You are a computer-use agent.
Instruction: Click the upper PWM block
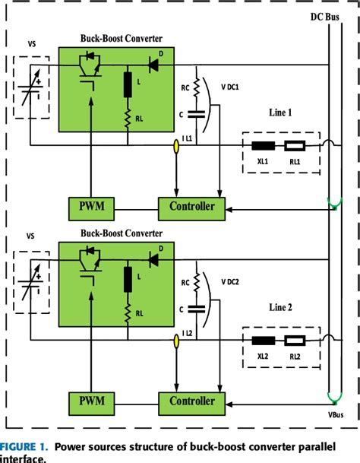[91, 209]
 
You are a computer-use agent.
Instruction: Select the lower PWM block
[91, 404]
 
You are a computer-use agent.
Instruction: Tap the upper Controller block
[192, 209]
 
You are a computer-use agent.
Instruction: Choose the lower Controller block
[192, 404]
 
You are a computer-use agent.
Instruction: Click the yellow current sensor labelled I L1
[176, 147]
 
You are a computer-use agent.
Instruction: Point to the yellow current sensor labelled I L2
[176, 341]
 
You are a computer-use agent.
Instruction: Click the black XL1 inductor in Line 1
[264, 146]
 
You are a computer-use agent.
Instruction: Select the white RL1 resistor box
[295, 146]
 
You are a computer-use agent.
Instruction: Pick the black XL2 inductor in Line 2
[264, 341]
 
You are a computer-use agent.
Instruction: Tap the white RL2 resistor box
[295, 341]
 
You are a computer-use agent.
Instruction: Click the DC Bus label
[324, 17]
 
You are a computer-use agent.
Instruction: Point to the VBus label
[336, 415]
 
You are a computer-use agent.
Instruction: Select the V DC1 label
[230, 87]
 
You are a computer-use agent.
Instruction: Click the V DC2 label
[230, 282]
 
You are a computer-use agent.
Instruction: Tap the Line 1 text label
[280, 113]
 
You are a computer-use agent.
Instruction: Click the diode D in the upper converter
[153, 65]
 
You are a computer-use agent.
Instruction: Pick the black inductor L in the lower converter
[128, 279]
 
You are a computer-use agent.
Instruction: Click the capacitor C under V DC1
[196, 114]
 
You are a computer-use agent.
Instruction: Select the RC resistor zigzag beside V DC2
[196, 282]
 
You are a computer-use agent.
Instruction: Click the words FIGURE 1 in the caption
[24, 446]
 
